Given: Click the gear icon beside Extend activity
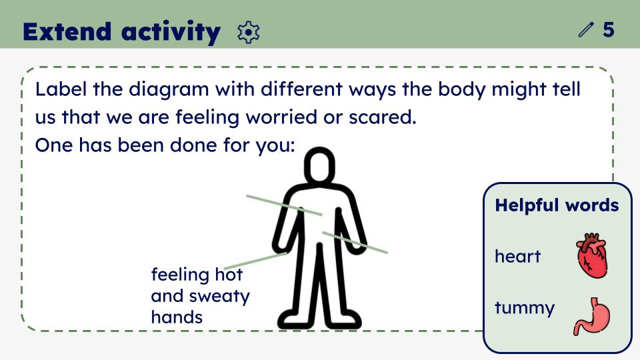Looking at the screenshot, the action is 248,33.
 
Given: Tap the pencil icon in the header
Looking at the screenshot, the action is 585,30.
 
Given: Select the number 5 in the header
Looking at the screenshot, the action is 608,30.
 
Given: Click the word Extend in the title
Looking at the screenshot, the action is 67,31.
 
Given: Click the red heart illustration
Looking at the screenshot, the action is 591,255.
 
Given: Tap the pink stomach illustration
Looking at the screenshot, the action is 591,316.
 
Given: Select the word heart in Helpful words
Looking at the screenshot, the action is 517,256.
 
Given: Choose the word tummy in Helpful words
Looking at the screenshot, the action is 525,308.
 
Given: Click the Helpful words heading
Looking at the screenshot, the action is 557,205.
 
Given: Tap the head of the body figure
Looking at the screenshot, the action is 319,165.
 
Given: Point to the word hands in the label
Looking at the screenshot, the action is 177,317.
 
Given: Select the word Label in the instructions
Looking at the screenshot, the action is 61,89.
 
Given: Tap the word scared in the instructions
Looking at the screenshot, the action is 382,117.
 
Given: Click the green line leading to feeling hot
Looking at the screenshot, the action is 255,261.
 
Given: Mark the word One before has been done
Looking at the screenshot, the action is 54,145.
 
